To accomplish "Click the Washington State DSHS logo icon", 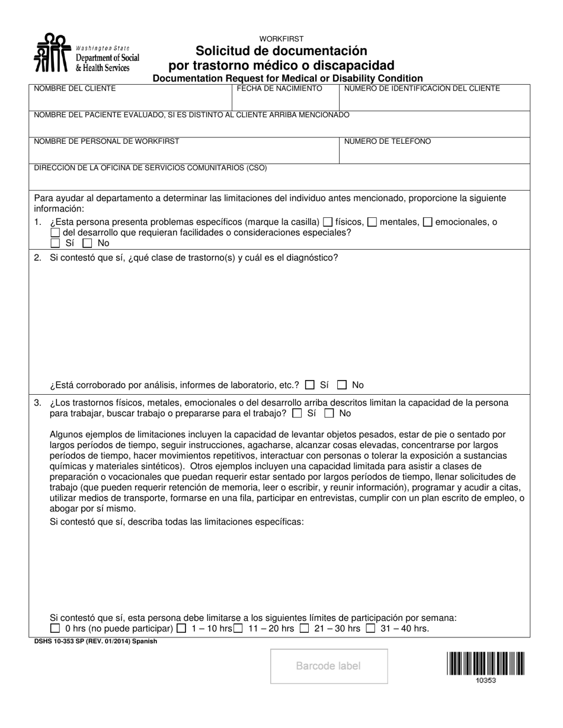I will [x=51, y=53].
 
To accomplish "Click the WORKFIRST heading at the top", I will [x=281, y=39].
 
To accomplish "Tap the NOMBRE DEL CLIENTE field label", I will [x=75, y=89].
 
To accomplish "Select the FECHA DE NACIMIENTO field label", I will [x=280, y=89].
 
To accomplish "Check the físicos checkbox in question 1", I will [x=328, y=223].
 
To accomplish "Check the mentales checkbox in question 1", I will [x=372, y=223].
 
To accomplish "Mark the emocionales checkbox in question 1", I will [x=428, y=223].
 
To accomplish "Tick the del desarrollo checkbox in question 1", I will [x=55, y=233].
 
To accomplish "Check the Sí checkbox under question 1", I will [x=55, y=243].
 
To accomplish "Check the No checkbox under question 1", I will [x=87, y=243].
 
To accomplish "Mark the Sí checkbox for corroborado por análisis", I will [x=309, y=385].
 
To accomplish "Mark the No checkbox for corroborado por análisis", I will [x=342, y=385].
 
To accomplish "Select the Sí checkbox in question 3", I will [x=297, y=413].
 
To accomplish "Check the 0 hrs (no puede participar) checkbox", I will [x=55, y=629].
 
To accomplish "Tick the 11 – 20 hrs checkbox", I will [x=238, y=629].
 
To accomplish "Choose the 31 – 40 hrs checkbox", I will [x=370, y=629].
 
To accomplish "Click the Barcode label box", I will [x=329, y=666].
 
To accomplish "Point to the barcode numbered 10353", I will [x=485, y=663].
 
